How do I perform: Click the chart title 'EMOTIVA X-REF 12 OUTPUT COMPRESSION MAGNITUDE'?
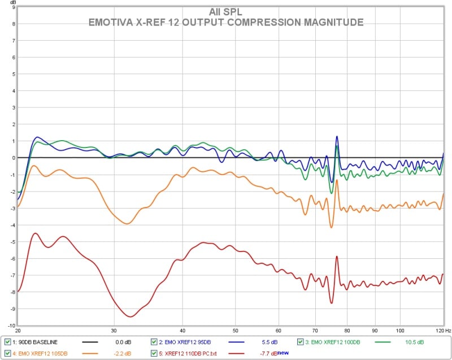(226, 22)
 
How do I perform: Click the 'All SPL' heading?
(226, 12)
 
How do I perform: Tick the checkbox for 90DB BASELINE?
(7, 342)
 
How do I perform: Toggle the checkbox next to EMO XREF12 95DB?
(154, 342)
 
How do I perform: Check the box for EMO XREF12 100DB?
(301, 342)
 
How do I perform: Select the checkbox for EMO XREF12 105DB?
(7, 353)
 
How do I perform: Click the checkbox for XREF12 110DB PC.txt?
(154, 353)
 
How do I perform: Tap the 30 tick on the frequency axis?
(114, 330)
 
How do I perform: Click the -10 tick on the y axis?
(10, 326)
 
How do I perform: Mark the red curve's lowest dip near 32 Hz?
(131, 316)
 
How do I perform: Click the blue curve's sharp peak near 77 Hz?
(337, 136)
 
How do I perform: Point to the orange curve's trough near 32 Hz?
(127, 224)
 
